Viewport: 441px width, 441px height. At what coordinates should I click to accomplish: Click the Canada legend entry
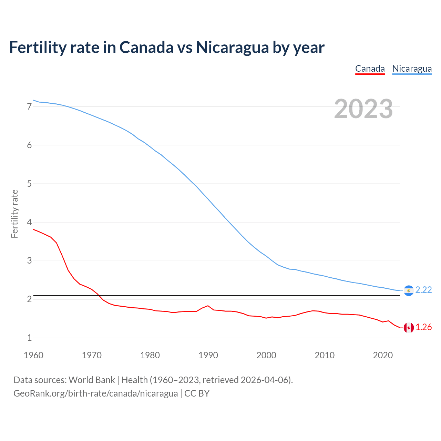[370, 69]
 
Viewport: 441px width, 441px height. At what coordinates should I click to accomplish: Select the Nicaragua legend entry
[412, 69]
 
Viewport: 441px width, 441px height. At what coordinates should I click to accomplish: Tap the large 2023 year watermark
[363, 109]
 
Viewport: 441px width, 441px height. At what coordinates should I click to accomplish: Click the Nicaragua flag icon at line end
[409, 291]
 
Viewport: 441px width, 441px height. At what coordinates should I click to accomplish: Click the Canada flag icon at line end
[409, 328]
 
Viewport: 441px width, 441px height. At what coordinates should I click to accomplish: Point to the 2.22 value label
[423, 290]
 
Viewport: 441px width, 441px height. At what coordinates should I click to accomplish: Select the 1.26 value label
[423, 327]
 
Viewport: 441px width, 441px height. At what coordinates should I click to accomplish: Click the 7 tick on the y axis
[29, 107]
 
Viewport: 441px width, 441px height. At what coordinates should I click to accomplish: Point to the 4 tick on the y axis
[29, 222]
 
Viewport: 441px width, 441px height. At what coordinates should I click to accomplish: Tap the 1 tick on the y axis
[29, 338]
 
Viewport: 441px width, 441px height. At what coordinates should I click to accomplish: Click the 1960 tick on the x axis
[33, 355]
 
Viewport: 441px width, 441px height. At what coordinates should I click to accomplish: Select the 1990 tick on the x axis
[208, 355]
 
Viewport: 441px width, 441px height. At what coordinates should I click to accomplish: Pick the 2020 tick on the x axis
[383, 355]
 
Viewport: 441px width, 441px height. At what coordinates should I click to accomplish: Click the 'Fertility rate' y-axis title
[14, 214]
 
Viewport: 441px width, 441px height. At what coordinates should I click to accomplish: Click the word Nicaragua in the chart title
[232, 48]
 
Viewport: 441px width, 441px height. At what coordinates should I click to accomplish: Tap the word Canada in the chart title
[146, 48]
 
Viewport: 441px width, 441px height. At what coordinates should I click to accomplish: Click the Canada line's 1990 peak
[208, 306]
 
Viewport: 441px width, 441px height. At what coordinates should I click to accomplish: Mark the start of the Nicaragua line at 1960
[33, 100]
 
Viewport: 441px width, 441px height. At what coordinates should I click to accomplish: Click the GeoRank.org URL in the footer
[95, 393]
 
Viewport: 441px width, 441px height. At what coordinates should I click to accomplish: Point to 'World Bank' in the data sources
[92, 380]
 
